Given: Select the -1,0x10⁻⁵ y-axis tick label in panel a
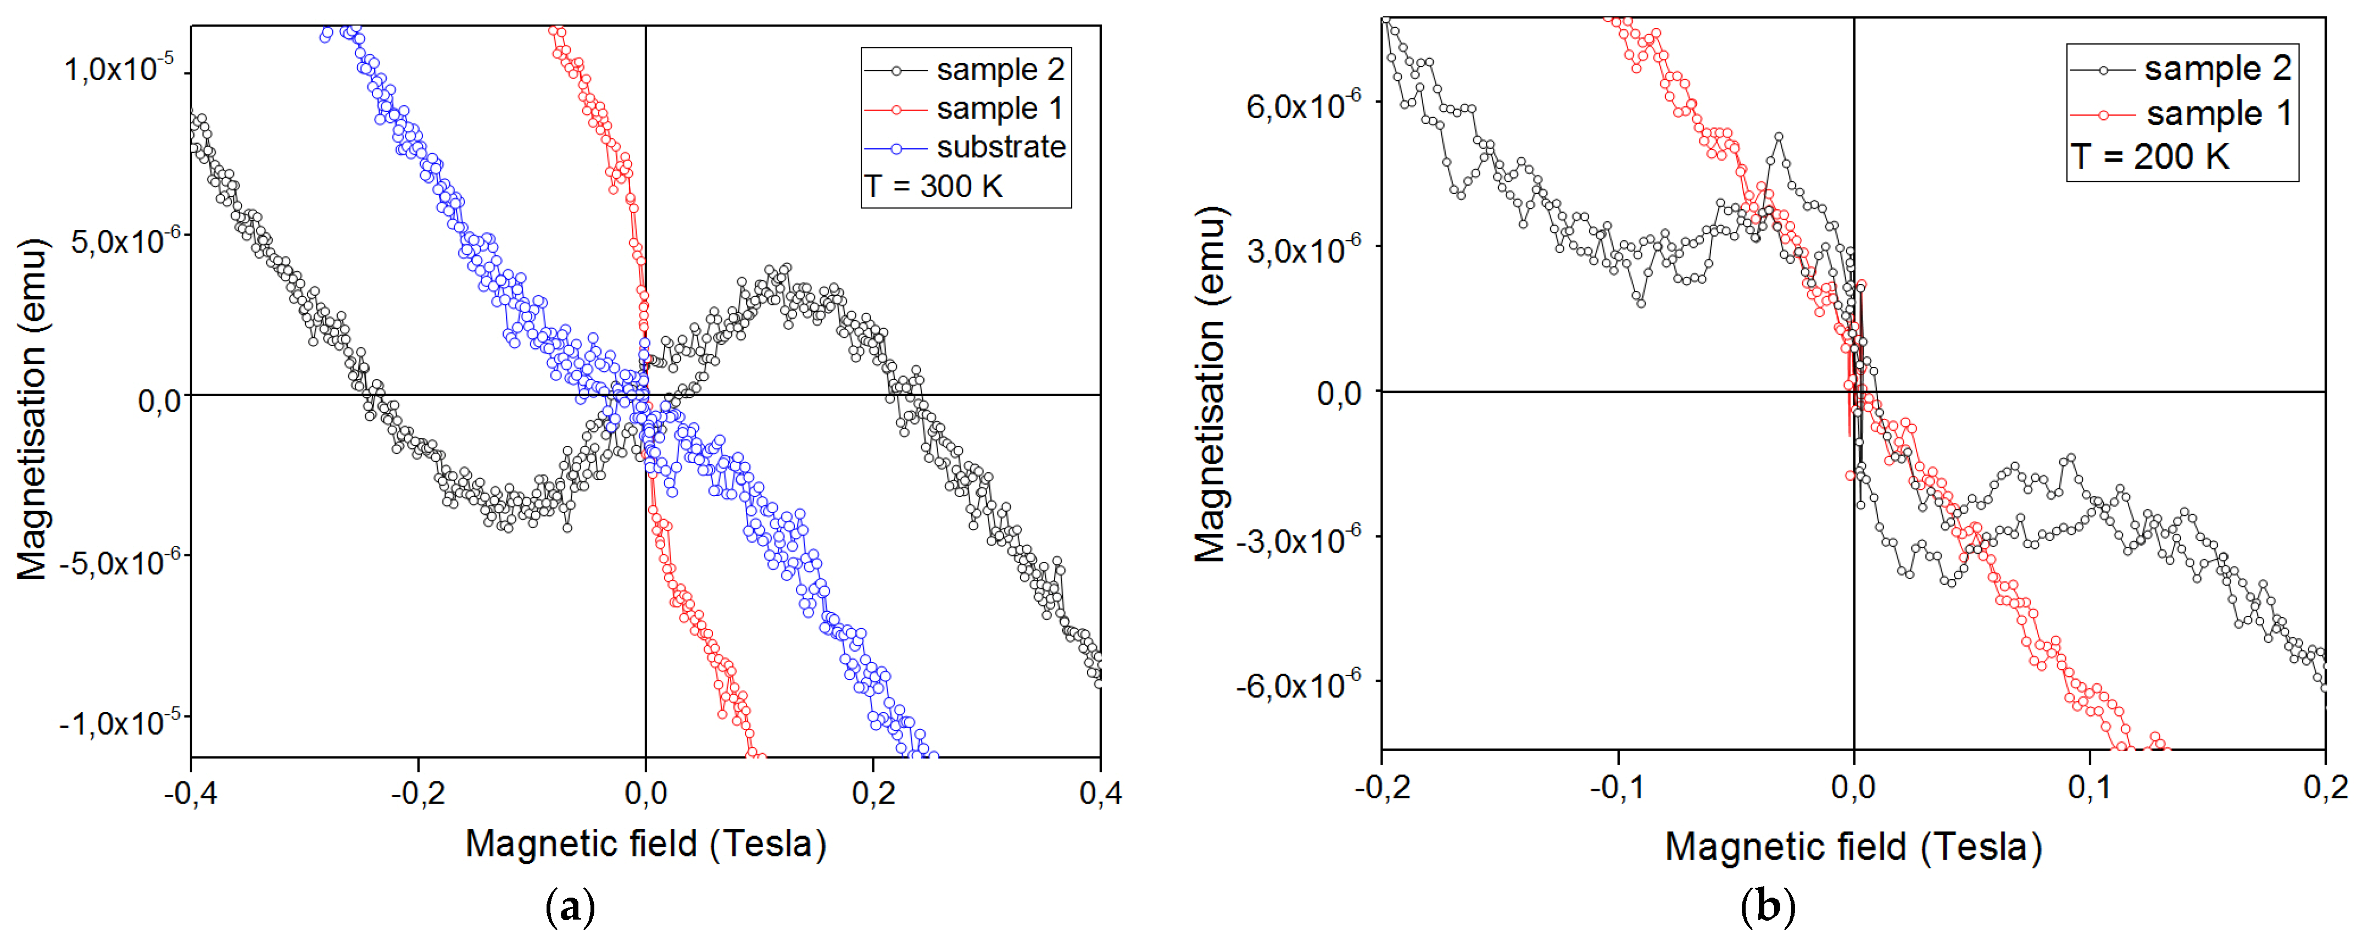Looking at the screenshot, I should point(114,723).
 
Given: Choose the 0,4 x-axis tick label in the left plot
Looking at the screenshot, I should point(1100,793).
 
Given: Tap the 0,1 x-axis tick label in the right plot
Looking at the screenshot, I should point(2090,787).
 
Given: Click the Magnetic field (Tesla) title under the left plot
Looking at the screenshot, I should point(646,844).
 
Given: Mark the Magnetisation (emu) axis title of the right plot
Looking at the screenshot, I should point(1210,385).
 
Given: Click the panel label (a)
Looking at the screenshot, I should point(570,908).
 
